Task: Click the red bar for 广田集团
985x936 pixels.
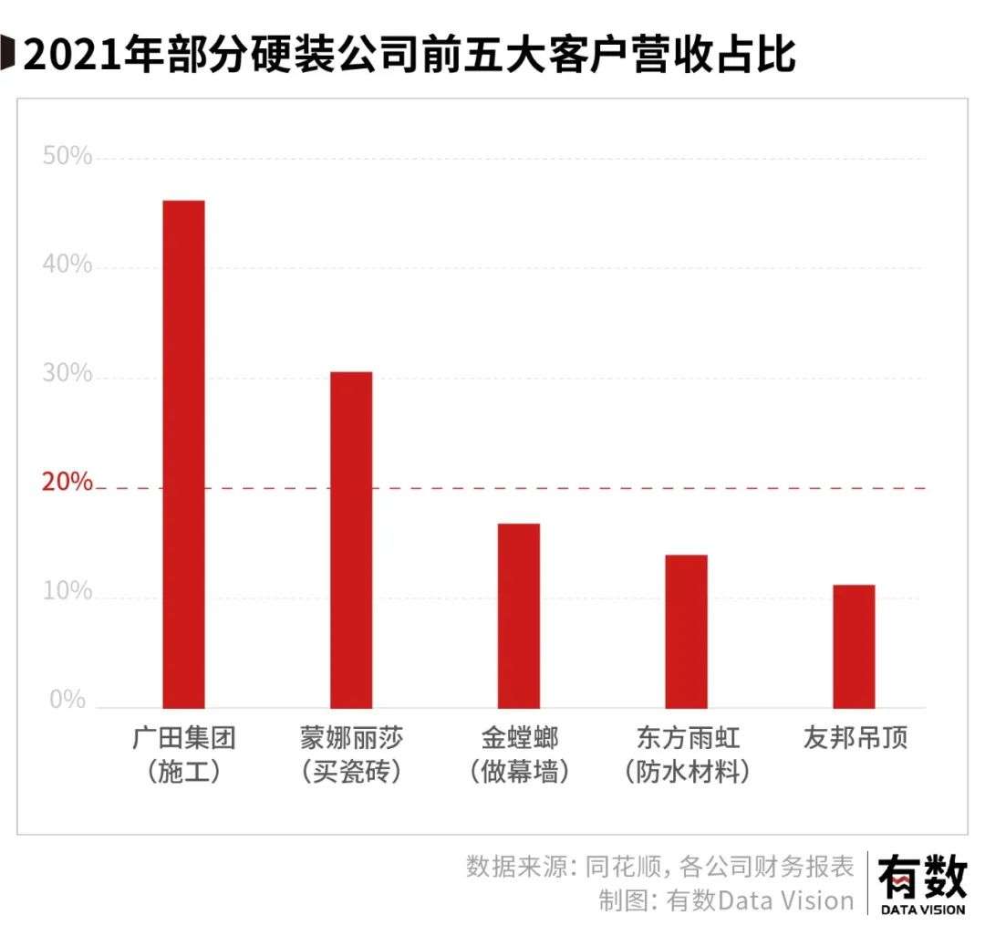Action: [x=183, y=454]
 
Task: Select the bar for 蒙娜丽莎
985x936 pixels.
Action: [x=351, y=540]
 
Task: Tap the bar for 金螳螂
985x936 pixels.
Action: [x=519, y=616]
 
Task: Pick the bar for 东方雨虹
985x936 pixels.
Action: [x=687, y=631]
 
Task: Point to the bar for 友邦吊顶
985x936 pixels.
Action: [x=855, y=647]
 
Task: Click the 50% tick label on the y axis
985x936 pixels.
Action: [x=67, y=155]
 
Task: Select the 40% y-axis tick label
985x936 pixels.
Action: [x=67, y=265]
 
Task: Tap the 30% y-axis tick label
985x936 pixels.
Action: [x=67, y=373]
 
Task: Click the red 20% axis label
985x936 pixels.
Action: [x=67, y=482]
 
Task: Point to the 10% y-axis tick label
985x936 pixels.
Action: [x=67, y=591]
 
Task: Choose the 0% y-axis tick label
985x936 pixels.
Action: [x=67, y=699]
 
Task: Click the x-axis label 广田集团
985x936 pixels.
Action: [x=184, y=737]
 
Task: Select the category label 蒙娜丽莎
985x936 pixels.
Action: [x=351, y=737]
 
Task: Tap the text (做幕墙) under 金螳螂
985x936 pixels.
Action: [x=519, y=772]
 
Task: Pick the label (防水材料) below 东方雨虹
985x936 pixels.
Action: [x=688, y=772]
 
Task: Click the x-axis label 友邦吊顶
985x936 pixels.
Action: [x=855, y=737]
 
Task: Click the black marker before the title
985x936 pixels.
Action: [x=7, y=53]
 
